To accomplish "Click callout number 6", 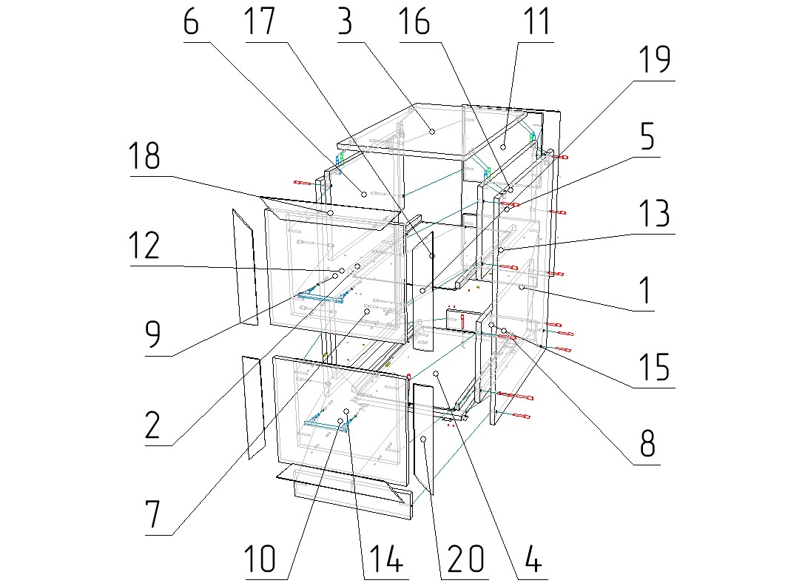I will (x=191, y=24).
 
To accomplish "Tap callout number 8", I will (x=647, y=445).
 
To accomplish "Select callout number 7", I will (x=153, y=514).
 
